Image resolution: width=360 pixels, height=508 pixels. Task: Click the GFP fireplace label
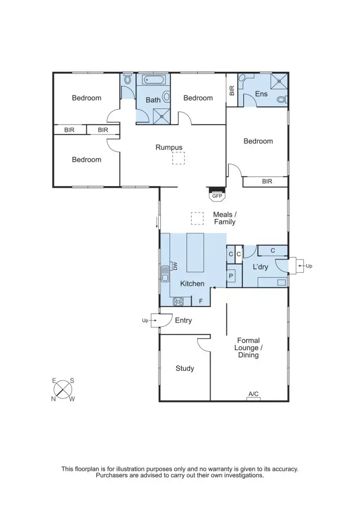(217, 196)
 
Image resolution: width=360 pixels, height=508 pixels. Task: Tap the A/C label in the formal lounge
(253, 394)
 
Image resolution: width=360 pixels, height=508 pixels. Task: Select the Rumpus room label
(169, 147)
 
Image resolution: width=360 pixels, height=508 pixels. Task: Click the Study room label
(185, 369)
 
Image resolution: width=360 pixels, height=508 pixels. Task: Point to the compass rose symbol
(63, 389)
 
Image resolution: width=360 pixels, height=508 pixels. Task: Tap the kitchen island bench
(195, 253)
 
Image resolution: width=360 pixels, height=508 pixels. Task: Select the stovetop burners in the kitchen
(178, 301)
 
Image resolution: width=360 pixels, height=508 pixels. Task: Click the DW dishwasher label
(175, 266)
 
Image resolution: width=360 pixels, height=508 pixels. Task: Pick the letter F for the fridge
(201, 301)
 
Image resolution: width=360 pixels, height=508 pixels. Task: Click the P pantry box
(231, 275)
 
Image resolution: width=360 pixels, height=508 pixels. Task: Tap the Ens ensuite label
(261, 94)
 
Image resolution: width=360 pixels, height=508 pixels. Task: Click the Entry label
(183, 320)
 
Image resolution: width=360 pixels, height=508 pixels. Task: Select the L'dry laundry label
(260, 267)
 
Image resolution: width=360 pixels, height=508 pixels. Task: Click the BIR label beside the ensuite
(232, 90)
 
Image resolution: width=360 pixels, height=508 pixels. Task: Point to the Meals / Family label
(225, 218)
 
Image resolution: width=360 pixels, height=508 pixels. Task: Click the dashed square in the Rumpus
(178, 158)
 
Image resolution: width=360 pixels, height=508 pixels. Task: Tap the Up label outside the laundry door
(309, 266)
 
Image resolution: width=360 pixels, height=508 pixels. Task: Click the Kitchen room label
(192, 284)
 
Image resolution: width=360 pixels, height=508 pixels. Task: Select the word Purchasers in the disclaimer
(113, 475)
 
